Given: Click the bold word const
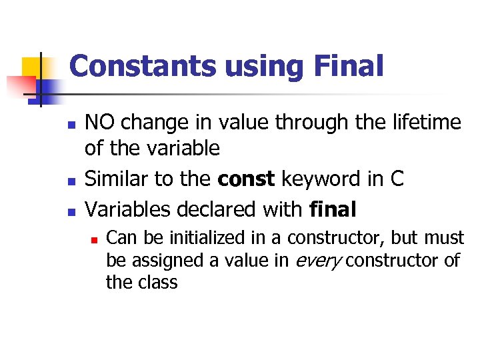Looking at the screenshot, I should point(247,180).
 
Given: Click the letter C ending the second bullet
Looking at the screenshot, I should point(397,180).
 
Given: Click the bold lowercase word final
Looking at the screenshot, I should point(333,209).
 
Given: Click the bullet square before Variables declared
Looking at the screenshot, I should point(71,211).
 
